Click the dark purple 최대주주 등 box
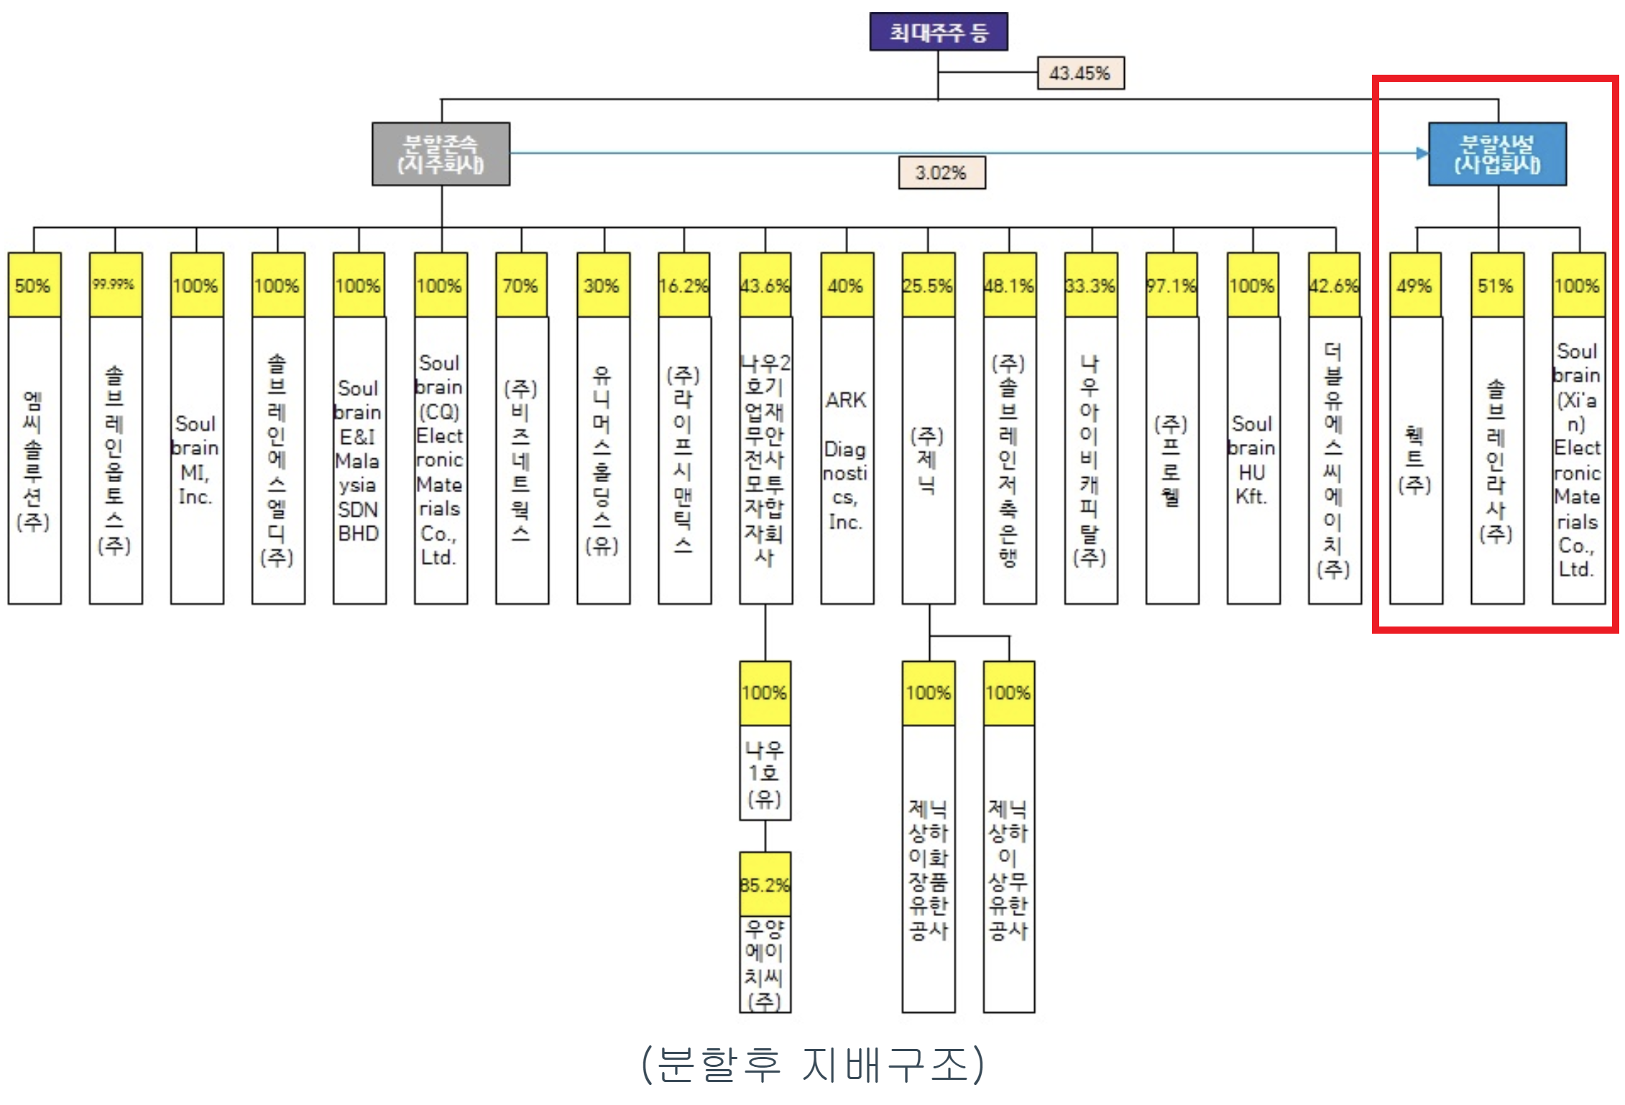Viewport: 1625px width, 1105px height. tap(938, 32)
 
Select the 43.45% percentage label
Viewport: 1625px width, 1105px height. tap(1080, 73)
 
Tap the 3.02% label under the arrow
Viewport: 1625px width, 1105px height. tap(942, 173)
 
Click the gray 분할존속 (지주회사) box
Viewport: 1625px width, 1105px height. tap(441, 154)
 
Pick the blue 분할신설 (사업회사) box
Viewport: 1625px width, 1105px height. tap(1497, 154)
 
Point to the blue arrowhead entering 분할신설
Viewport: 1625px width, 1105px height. tap(1422, 153)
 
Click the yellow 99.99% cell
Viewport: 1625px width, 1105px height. tap(115, 285)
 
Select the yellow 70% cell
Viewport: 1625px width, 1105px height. tap(522, 285)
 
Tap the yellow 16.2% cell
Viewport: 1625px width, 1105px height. tap(684, 285)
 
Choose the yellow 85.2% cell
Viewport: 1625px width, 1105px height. tap(765, 884)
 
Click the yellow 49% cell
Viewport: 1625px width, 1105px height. tap(1415, 285)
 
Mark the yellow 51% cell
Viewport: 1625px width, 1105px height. tap(1496, 285)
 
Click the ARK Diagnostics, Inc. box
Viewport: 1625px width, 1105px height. tap(847, 460)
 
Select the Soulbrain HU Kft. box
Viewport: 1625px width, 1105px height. tap(1253, 460)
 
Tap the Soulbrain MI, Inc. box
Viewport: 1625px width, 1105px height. tap(196, 460)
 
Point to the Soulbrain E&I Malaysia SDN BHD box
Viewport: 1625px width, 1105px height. tap(359, 460)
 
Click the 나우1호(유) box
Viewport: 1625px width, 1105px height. tap(765, 773)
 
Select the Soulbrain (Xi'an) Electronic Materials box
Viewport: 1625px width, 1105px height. tap(1578, 460)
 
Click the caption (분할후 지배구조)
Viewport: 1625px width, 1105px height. tap(813, 1064)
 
